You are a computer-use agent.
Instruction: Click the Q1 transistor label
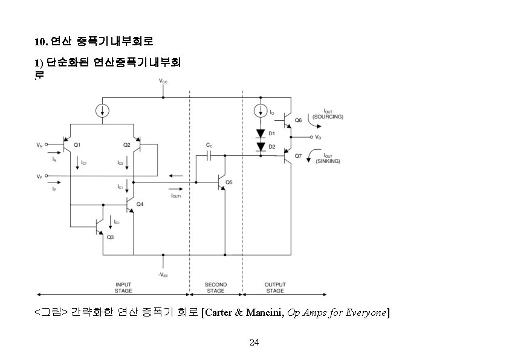[77, 145]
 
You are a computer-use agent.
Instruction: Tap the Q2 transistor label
[127, 145]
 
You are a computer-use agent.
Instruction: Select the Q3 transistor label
[110, 237]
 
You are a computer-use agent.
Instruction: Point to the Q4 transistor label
[140, 204]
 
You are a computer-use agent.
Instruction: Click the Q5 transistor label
[229, 182]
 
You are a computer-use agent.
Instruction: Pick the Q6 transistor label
[298, 120]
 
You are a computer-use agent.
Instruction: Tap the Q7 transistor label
[298, 156]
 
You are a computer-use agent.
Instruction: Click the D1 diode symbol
[261, 133]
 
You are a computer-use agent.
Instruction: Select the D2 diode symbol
[261, 146]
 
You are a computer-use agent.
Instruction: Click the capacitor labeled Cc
[209, 155]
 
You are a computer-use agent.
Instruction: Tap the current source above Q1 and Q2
[103, 111]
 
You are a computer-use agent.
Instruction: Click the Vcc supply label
[163, 81]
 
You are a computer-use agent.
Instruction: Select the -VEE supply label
[163, 275]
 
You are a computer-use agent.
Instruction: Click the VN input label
[40, 145]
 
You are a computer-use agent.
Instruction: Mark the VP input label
[40, 177]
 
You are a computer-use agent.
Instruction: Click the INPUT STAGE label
[123, 288]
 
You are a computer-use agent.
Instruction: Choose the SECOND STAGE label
[216, 288]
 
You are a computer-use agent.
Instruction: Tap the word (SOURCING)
[328, 117]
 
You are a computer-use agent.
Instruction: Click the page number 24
[254, 342]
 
